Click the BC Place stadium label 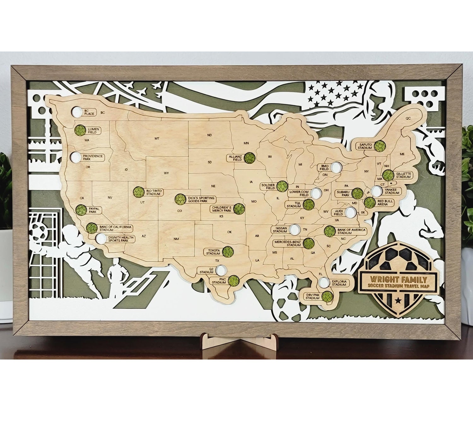coord(89,112)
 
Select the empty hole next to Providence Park coord(75,156)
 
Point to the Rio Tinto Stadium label coord(153,192)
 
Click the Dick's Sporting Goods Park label coord(201,199)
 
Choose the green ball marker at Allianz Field coord(249,158)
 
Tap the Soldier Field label coord(268,186)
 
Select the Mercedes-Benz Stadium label coord(287,243)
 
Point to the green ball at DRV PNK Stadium coord(328,296)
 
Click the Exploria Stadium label coord(339,283)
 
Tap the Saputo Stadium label coord(365,146)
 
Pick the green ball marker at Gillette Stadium coord(388,175)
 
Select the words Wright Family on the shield coord(399,279)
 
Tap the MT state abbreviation coord(157,138)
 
